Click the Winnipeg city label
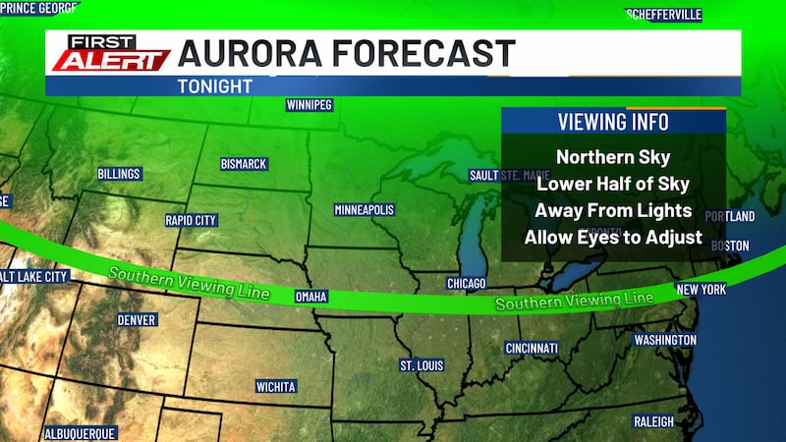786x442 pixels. (x=309, y=104)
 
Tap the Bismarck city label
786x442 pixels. (x=243, y=164)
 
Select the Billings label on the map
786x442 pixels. (x=119, y=174)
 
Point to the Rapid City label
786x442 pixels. (x=191, y=220)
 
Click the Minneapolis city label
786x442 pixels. (x=364, y=210)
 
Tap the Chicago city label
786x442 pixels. (x=467, y=283)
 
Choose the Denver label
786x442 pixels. (x=137, y=320)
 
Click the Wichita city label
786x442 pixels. (x=276, y=386)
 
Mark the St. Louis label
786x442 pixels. (x=421, y=365)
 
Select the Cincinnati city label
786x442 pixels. (x=532, y=348)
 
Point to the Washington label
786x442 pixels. (x=665, y=340)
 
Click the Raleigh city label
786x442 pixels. (x=653, y=421)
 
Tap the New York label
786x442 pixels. (x=702, y=290)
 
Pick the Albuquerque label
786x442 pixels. (x=81, y=433)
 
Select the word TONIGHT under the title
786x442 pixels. (x=214, y=85)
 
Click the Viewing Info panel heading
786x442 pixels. (x=613, y=122)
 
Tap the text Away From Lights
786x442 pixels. (x=613, y=210)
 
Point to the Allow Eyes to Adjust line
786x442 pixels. (x=613, y=237)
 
